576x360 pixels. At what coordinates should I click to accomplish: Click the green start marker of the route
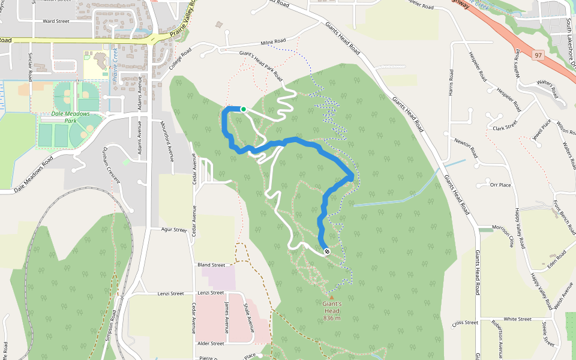244,109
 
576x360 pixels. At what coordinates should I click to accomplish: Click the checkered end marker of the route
327,251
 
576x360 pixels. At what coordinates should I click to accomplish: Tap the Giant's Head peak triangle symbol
331,296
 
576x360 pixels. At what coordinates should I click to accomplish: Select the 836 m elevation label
332,318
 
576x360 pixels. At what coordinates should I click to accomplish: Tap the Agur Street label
174,230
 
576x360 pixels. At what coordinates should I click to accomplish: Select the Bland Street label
211,265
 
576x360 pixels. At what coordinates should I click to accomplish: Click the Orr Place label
500,185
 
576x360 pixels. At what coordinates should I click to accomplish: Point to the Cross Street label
465,323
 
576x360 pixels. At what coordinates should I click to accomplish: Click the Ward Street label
56,21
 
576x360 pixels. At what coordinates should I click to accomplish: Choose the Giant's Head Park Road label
260,65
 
